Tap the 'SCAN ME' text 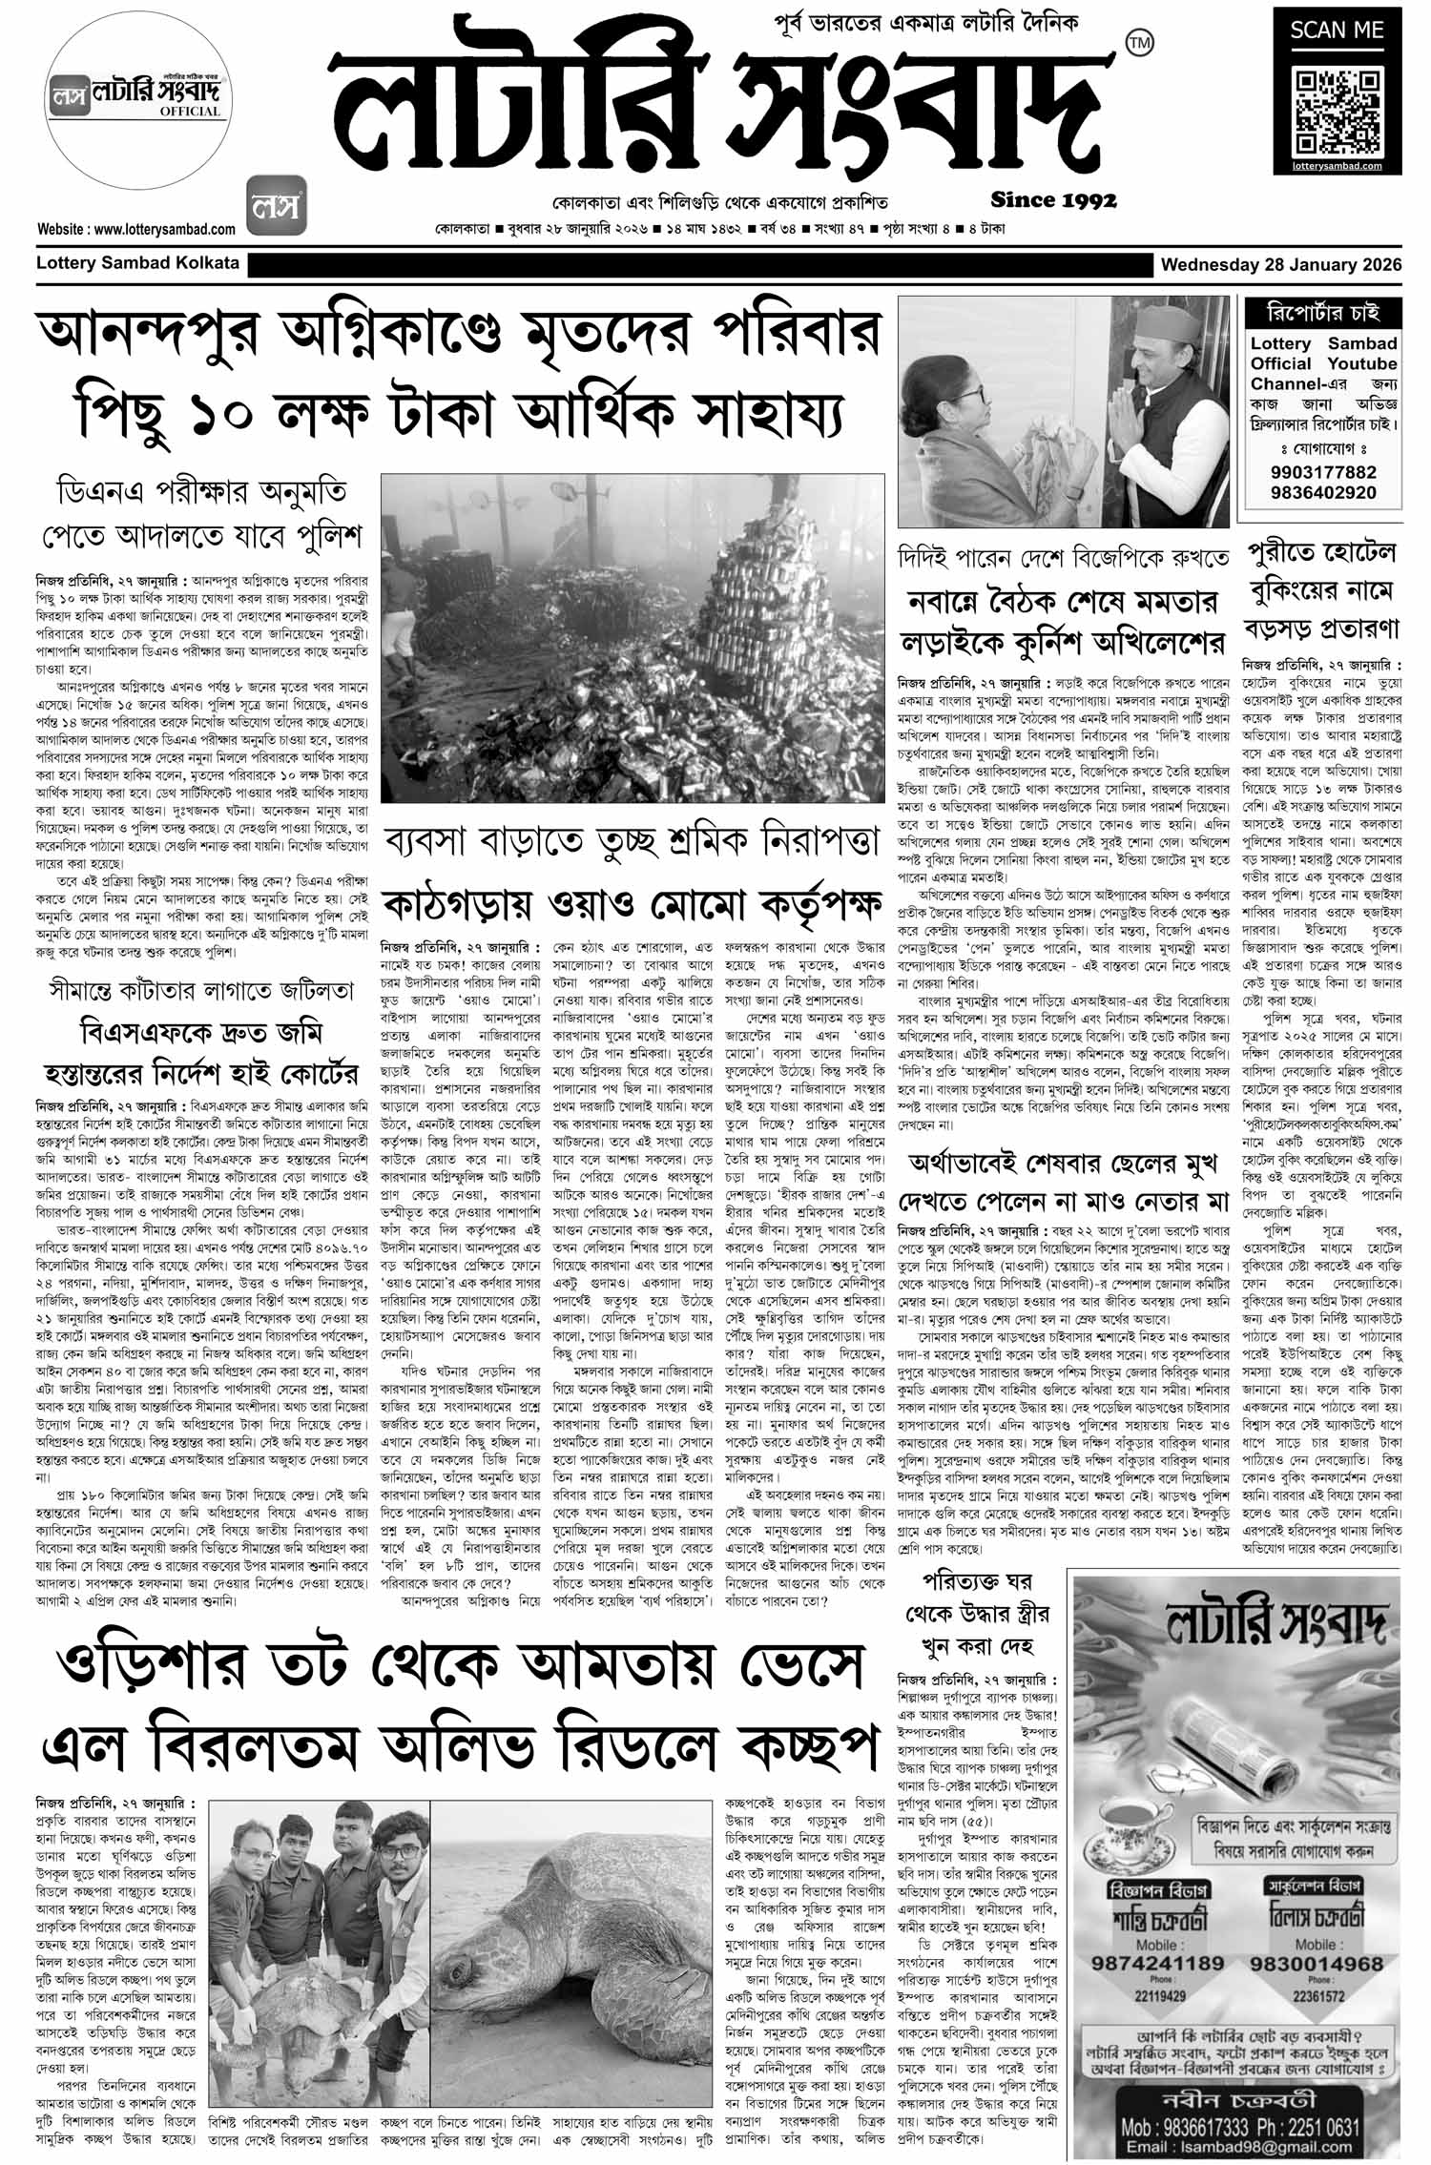tap(1337, 30)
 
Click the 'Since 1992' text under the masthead tap(1053, 200)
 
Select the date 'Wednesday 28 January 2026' tap(1280, 264)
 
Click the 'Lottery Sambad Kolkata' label tap(137, 263)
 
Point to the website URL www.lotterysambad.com tap(136, 229)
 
